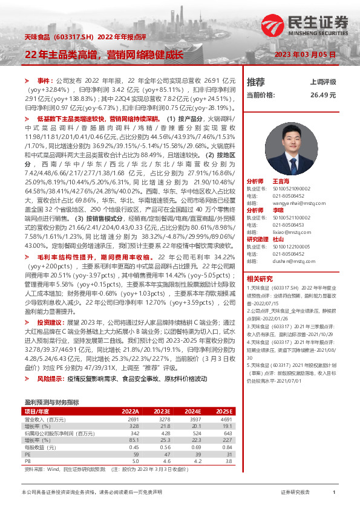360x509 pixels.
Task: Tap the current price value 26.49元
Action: point(323,95)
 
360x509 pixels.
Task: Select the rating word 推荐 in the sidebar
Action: point(256,82)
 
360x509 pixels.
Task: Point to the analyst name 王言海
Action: point(282,181)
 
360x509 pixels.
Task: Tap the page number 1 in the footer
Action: point(334,493)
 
